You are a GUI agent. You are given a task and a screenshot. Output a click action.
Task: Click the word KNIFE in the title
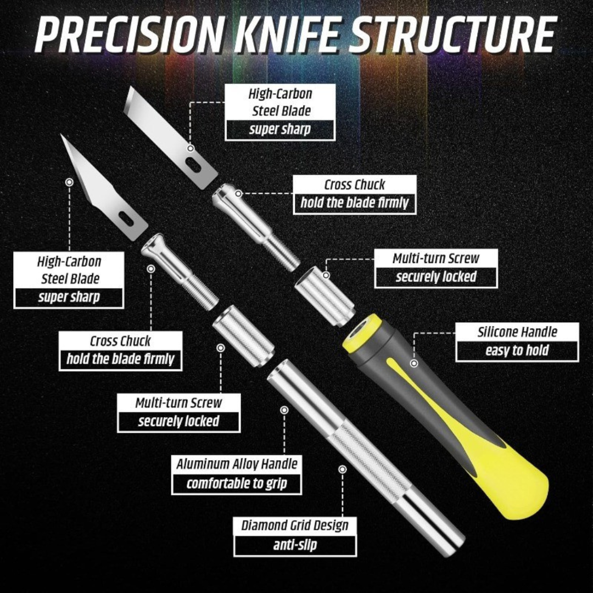click(x=283, y=36)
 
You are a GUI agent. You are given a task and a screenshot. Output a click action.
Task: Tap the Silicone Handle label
click(x=517, y=332)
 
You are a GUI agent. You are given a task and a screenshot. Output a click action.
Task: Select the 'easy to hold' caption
click(x=517, y=351)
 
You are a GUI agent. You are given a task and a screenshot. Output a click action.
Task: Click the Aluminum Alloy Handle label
click(x=237, y=465)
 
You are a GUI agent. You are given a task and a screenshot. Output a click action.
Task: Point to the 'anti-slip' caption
click(x=295, y=545)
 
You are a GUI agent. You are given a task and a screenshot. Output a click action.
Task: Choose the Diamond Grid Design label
click(x=295, y=525)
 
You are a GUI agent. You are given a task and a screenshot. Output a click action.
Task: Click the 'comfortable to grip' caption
click(x=237, y=484)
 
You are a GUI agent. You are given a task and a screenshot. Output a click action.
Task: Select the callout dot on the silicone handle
click(x=414, y=363)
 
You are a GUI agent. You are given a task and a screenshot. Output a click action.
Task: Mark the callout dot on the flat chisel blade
click(x=191, y=148)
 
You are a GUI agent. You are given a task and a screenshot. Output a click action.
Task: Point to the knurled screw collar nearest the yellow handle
click(x=325, y=294)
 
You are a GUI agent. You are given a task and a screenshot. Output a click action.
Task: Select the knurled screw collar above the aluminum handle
click(x=242, y=335)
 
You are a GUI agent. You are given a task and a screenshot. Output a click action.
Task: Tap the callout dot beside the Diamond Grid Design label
click(x=343, y=469)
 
